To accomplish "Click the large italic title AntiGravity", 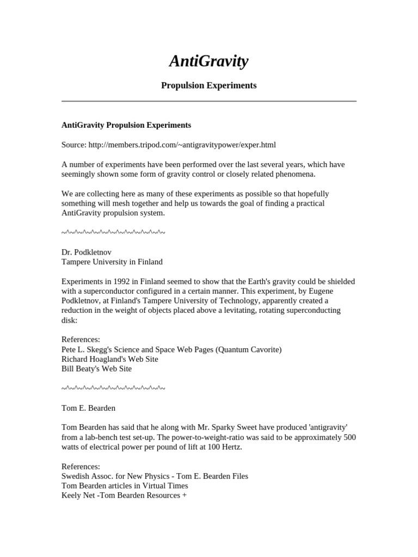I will click(x=208, y=61).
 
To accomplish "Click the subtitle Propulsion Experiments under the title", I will click(x=208, y=85).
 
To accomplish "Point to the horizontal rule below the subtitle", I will click(x=208, y=101).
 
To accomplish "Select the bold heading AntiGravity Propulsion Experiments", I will click(x=126, y=125).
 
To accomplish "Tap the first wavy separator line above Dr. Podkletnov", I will click(x=113, y=233).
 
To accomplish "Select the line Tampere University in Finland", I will click(x=112, y=262).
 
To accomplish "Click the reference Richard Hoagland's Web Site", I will click(x=110, y=359).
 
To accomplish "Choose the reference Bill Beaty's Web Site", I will click(x=97, y=369).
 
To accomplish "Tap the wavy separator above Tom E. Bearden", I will click(x=113, y=388).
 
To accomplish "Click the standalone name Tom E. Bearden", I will click(x=89, y=407).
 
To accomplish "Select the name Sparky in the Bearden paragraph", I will click(x=217, y=428).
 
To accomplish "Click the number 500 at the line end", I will click(x=349, y=437).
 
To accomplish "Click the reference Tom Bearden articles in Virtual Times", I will click(x=125, y=486).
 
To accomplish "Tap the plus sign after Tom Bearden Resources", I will click(x=185, y=496).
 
